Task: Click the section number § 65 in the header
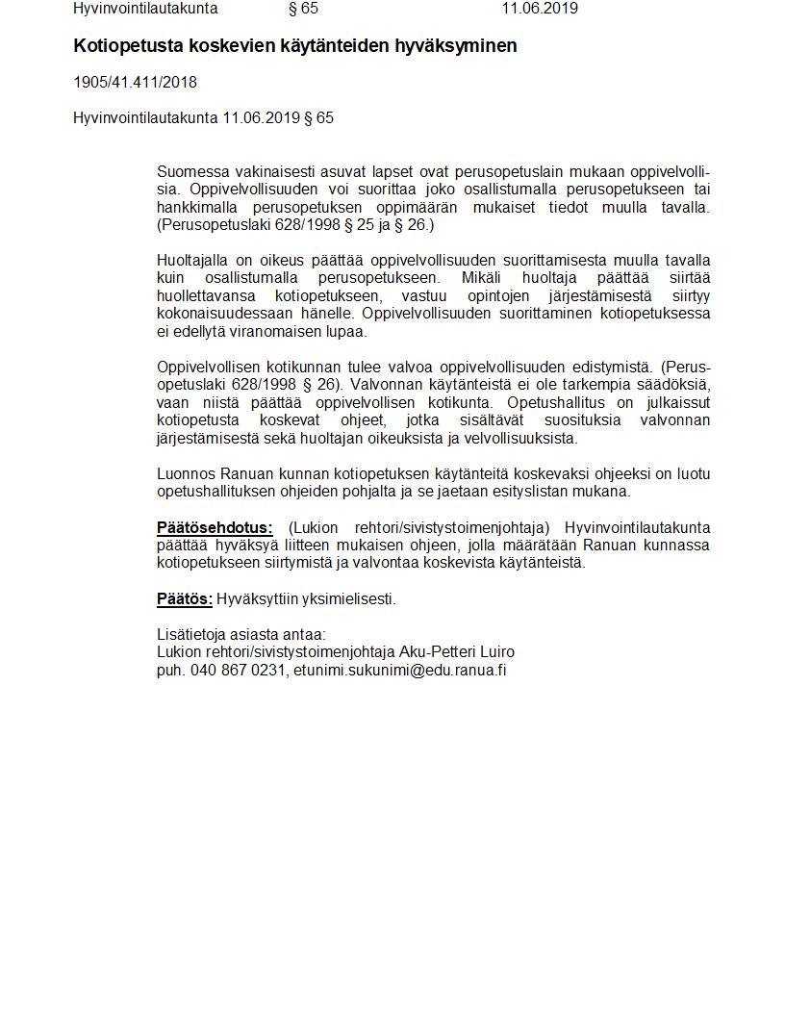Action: (303, 10)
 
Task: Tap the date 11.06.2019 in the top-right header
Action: (540, 10)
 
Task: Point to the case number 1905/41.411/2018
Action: (135, 83)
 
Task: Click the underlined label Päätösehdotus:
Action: (215, 527)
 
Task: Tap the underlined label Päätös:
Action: (184, 599)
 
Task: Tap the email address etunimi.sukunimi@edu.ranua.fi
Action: (399, 671)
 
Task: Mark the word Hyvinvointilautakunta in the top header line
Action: (145, 10)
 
